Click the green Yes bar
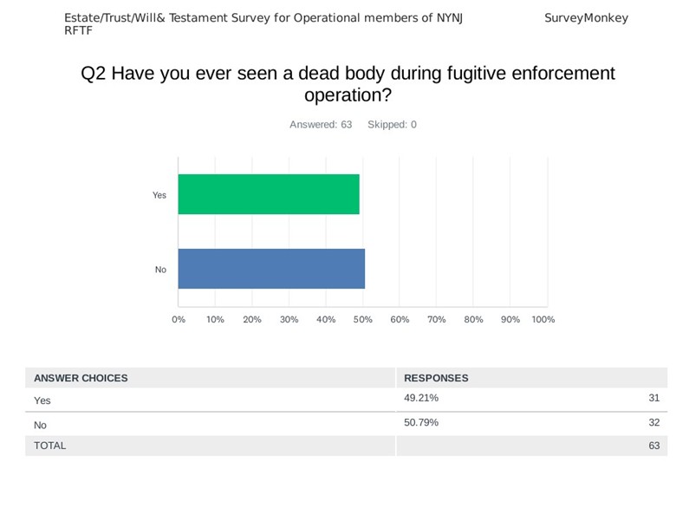tap(269, 194)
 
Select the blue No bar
tap(271, 269)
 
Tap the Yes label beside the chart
tap(159, 195)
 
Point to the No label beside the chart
tap(160, 270)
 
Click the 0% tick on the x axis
tap(179, 320)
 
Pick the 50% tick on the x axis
tap(363, 320)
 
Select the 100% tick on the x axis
tap(543, 320)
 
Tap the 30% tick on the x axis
tap(289, 320)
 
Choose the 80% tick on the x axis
tap(473, 320)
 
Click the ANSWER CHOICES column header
tap(81, 378)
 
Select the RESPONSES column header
tap(436, 378)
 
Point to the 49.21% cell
tap(421, 398)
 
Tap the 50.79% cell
tap(421, 422)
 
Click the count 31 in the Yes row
tap(653, 398)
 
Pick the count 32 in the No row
tap(653, 422)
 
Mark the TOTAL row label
tap(49, 446)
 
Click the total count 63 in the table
tap(653, 446)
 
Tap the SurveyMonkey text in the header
tap(586, 18)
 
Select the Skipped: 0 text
tap(392, 125)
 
